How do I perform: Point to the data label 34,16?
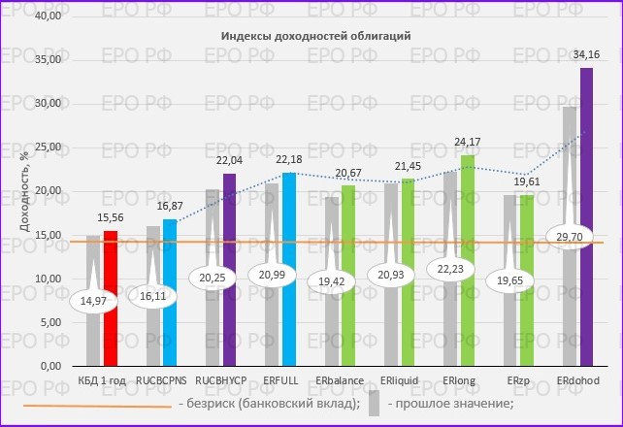tap(586, 53)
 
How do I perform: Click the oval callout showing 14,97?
tap(94, 302)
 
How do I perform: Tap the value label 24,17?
tap(468, 143)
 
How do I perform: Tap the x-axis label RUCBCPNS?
tap(161, 379)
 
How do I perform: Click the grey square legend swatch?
tap(373, 405)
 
